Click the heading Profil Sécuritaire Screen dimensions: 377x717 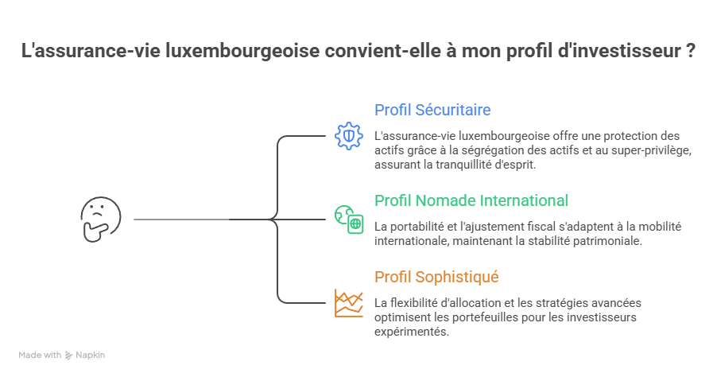pyautogui.click(x=432, y=110)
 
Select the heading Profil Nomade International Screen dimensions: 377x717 pyautogui.click(x=471, y=200)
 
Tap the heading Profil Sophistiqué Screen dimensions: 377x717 pyautogui.click(x=436, y=277)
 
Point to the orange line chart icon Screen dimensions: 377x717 pyautogui.click(x=348, y=303)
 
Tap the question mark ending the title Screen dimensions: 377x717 pyautogui.click(x=692, y=52)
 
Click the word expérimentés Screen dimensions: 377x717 pyautogui.click(x=411, y=332)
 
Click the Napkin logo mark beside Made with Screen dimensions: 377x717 pyautogui.click(x=69, y=356)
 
